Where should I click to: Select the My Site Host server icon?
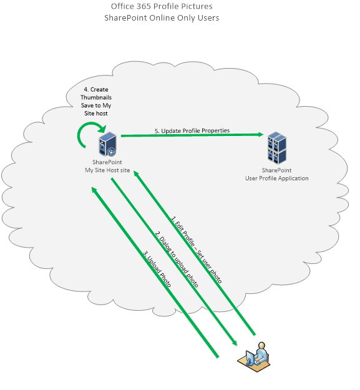click(107, 144)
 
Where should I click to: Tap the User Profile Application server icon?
click(276, 147)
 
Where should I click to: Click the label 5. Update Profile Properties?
click(192, 130)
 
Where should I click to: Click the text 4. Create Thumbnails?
click(95, 90)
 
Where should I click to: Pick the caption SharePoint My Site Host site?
click(107, 166)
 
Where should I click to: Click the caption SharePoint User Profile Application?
click(276, 174)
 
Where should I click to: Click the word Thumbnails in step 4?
click(95, 98)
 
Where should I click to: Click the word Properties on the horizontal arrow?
click(215, 130)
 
